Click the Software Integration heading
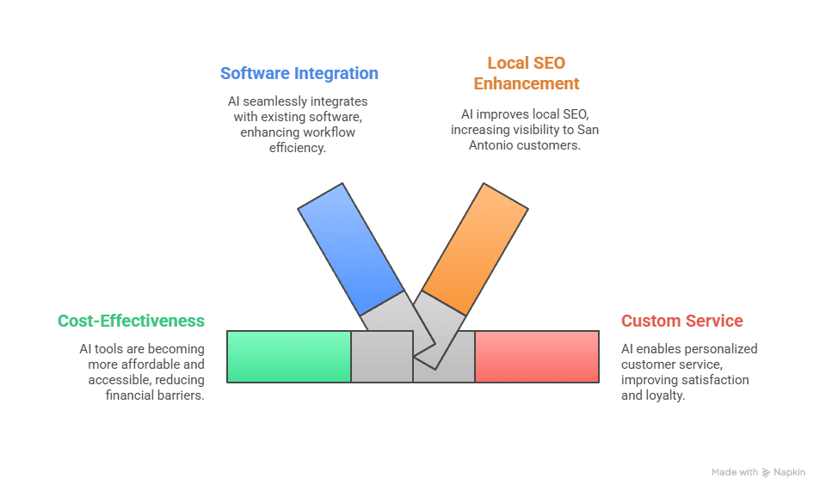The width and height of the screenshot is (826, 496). [x=299, y=73]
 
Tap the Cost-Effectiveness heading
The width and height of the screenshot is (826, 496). [x=131, y=321]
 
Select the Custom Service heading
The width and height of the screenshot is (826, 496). [x=681, y=321]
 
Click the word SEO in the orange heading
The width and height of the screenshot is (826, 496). [x=549, y=63]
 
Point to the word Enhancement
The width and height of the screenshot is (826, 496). [x=527, y=83]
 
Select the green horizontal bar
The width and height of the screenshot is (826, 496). [x=289, y=356]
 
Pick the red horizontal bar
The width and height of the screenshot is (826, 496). [x=536, y=356]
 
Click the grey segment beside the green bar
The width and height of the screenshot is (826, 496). [x=381, y=356]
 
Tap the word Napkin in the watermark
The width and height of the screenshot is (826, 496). [x=789, y=472]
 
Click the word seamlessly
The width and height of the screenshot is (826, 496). [x=275, y=101]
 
